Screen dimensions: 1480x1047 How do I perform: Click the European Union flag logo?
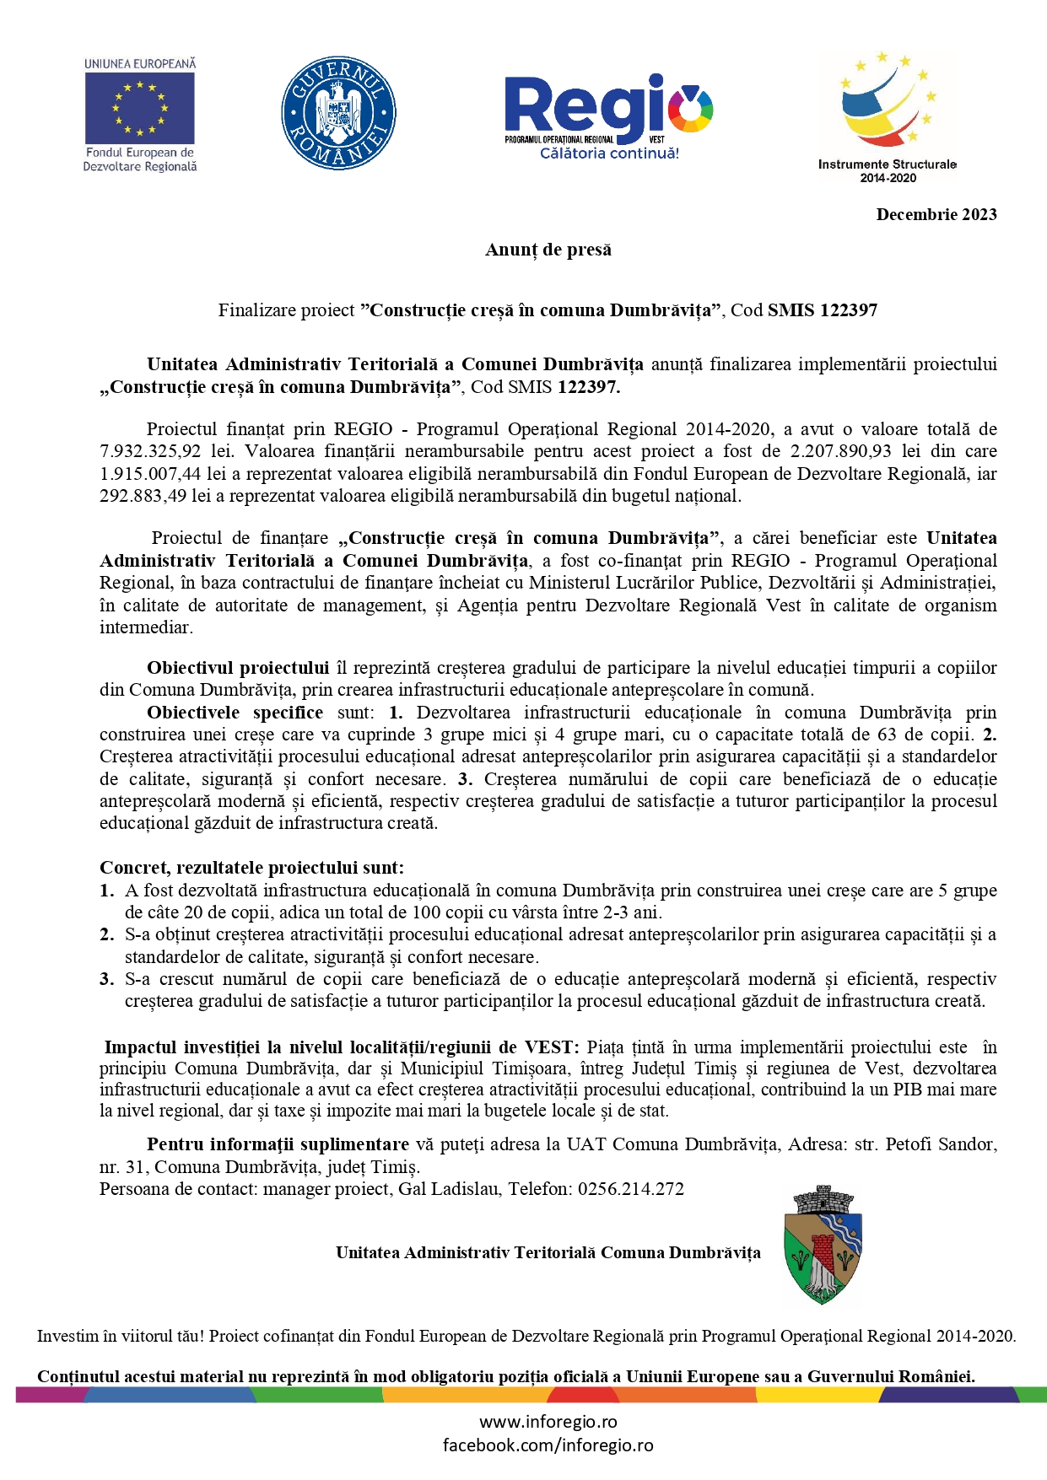point(139,108)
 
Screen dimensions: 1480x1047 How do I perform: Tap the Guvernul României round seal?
point(338,113)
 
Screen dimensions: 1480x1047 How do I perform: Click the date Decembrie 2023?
point(936,214)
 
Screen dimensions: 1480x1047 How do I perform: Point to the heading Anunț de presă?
point(548,250)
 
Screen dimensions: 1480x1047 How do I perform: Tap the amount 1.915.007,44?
point(150,474)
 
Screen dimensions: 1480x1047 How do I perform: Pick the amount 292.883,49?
point(143,496)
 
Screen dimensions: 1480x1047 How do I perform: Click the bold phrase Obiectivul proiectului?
point(238,668)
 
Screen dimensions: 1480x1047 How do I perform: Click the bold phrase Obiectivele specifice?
point(235,713)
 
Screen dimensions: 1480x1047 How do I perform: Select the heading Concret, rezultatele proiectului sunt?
point(251,868)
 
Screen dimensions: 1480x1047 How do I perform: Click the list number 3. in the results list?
point(107,979)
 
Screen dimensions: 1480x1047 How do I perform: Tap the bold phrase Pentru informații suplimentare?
point(278,1144)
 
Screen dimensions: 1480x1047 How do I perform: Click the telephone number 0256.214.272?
point(631,1189)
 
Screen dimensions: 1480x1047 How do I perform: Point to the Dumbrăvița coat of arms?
point(822,1246)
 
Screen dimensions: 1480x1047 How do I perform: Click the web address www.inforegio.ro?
point(548,1422)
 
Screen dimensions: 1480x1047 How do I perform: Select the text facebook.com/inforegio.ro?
point(548,1445)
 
